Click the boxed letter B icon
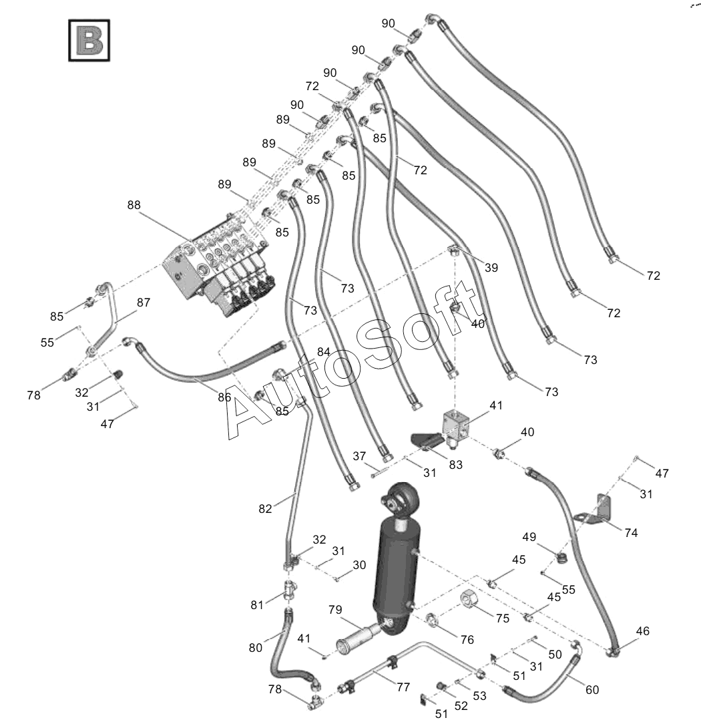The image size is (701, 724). [89, 41]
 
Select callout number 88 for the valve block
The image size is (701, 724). [135, 206]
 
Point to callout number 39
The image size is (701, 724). [491, 268]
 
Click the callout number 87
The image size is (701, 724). [144, 303]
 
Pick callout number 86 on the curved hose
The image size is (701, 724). [224, 397]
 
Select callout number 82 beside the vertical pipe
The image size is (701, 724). [266, 508]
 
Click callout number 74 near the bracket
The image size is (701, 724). [631, 532]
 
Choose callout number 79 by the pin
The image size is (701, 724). [335, 610]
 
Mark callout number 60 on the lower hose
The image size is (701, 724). [592, 690]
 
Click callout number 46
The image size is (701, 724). [642, 631]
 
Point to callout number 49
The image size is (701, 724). [529, 536]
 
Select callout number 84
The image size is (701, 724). [324, 352]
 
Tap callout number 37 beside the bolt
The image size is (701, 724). [360, 456]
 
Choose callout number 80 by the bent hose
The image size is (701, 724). [256, 647]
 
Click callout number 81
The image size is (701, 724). [258, 605]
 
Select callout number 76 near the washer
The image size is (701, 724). [467, 640]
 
